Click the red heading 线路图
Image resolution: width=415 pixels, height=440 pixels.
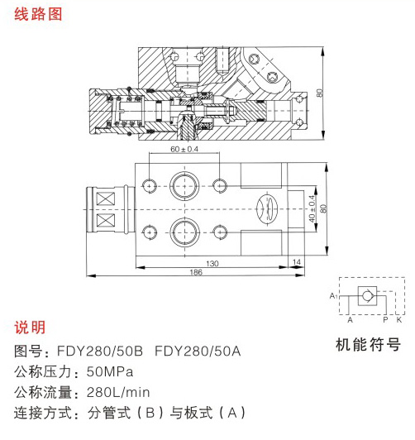pyautogui.click(x=38, y=14)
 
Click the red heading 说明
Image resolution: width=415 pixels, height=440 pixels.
pyautogui.click(x=30, y=328)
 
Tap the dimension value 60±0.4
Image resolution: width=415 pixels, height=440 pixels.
pyautogui.click(x=184, y=149)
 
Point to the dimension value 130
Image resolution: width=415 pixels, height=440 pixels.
pyautogui.click(x=212, y=264)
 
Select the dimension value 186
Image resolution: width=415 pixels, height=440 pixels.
pyautogui.click(x=196, y=272)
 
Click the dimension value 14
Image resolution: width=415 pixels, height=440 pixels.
pyautogui.click(x=297, y=262)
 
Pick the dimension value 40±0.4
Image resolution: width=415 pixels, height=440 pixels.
pyautogui.click(x=312, y=208)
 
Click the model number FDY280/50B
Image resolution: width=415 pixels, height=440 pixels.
pyautogui.click(x=100, y=351)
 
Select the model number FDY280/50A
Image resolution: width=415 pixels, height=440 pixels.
pyautogui.click(x=198, y=351)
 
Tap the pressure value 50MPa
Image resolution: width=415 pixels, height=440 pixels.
pyautogui.click(x=110, y=372)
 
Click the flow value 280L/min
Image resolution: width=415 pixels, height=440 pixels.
pyautogui.click(x=118, y=392)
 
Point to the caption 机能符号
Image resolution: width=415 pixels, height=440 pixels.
pyautogui.click(x=368, y=345)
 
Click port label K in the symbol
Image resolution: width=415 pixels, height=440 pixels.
pyautogui.click(x=399, y=319)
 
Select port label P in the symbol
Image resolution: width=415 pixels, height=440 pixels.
pyautogui.click(x=385, y=319)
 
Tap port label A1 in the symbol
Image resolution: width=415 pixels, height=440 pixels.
pyautogui.click(x=333, y=296)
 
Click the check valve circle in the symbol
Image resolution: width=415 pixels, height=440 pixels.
pyautogui.click(x=367, y=296)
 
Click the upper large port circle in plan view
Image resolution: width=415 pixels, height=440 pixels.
pyautogui.click(x=184, y=186)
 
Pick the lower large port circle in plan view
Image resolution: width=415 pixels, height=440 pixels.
pyautogui.click(x=184, y=232)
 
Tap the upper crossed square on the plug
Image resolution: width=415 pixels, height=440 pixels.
pyautogui.click(x=106, y=199)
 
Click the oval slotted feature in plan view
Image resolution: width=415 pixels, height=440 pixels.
pyautogui.click(x=268, y=208)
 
